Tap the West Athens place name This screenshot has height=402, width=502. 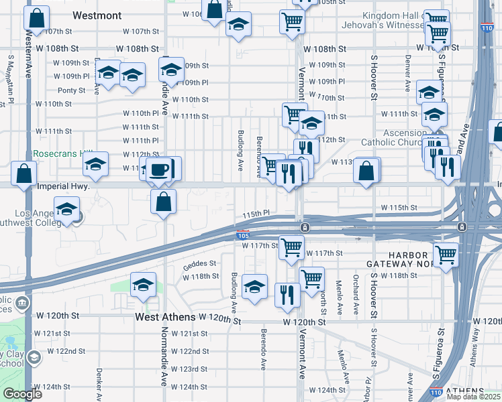pos(165,316)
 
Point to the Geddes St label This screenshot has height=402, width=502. pos(199,264)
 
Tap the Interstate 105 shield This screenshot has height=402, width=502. pos(243,236)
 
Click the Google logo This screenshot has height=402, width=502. pos(22,394)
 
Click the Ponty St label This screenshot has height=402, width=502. pos(72,90)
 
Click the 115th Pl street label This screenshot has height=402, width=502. pos(256,213)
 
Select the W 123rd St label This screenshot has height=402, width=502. pos(189,369)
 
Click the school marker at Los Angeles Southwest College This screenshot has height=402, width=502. pos(66,211)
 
